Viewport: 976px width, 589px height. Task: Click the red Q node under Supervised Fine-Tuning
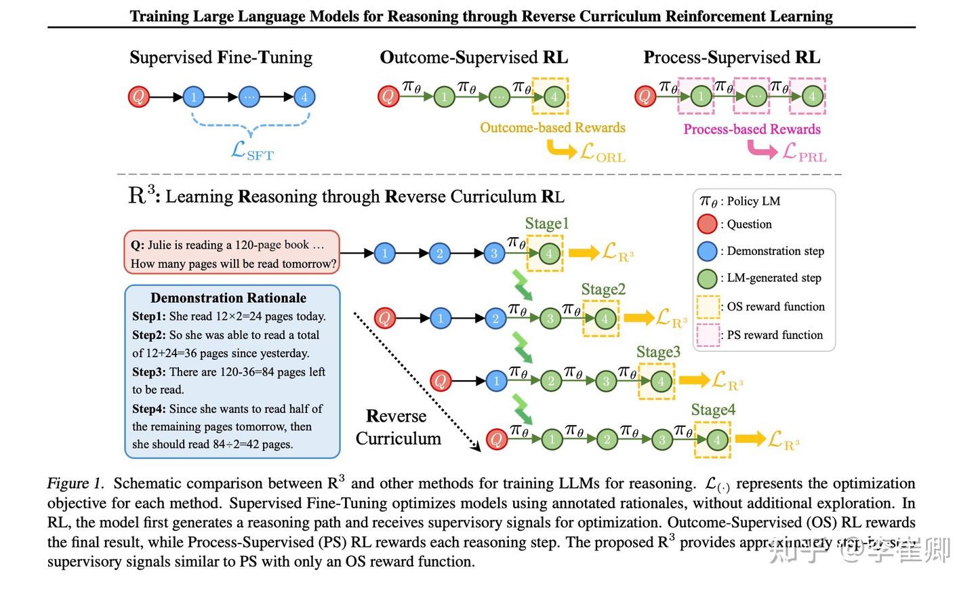[139, 97]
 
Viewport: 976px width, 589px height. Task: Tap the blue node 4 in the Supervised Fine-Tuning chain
[304, 97]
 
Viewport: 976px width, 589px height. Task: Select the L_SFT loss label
[252, 150]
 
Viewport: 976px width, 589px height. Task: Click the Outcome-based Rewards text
[552, 127]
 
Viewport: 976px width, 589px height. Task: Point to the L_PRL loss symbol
[804, 152]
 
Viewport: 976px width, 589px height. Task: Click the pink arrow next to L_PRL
[762, 148]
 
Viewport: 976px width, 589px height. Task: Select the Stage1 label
[546, 223]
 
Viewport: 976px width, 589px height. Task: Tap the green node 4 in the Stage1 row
[549, 253]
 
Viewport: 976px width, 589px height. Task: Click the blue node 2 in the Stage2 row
[495, 318]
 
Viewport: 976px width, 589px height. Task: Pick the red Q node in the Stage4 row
[496, 439]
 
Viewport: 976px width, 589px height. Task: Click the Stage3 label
[657, 352]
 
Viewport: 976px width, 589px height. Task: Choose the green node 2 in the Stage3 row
[551, 381]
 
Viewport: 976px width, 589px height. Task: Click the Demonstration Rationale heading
[228, 298]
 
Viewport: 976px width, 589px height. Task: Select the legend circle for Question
[707, 224]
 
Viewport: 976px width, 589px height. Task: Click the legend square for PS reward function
[708, 335]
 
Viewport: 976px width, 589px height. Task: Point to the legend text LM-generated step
[773, 278]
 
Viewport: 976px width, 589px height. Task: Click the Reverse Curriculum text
[398, 427]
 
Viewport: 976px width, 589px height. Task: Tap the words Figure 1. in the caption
[75, 483]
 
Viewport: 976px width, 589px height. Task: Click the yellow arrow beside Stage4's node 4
[749, 439]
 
